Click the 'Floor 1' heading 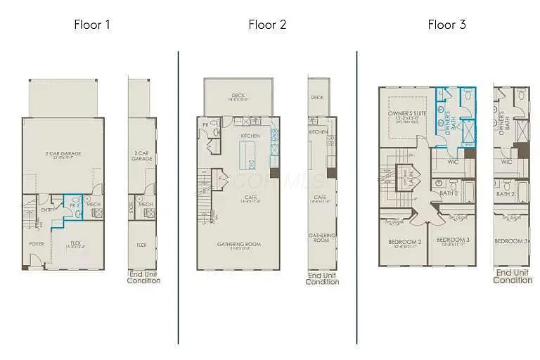(x=92, y=25)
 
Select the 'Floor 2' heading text (x=267, y=25)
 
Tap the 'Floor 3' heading (x=446, y=25)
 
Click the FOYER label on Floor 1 (x=36, y=244)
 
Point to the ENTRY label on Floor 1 (x=48, y=210)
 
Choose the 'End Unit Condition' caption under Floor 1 (x=143, y=277)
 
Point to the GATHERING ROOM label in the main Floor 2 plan (x=238, y=245)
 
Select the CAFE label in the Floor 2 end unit (x=320, y=198)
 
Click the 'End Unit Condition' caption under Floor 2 (x=322, y=278)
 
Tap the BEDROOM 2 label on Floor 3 (x=404, y=242)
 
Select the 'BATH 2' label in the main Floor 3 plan (x=449, y=193)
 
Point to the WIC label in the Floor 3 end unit (x=506, y=162)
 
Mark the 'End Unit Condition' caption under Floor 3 (x=513, y=276)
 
